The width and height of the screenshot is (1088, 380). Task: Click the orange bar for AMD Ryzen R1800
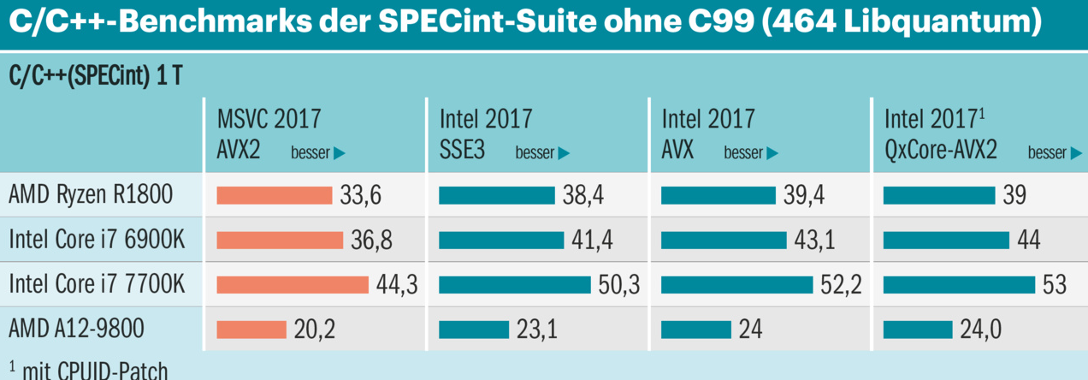tap(274, 196)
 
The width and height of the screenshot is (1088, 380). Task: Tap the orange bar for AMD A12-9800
tap(251, 330)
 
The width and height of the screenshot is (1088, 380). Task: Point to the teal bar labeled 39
tap(938, 196)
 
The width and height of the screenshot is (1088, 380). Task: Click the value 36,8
tap(371, 240)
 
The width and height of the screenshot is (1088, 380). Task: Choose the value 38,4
tap(583, 196)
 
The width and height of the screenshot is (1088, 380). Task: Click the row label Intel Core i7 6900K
tap(96, 240)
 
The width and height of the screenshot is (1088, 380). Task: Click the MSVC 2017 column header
tap(269, 118)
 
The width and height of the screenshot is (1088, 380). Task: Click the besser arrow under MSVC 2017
tap(339, 154)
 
